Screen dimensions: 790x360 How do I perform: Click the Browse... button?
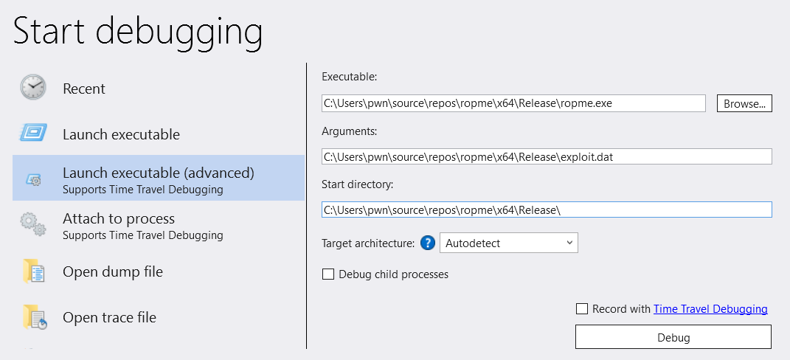tap(744, 104)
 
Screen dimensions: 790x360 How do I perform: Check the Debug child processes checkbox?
tap(328, 274)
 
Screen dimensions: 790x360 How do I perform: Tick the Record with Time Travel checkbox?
tap(582, 308)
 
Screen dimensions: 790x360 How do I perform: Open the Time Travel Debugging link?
tap(710, 309)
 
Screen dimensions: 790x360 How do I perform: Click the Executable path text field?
tap(513, 103)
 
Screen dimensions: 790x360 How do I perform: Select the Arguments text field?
tap(547, 156)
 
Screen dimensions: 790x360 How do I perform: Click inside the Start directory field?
tap(547, 210)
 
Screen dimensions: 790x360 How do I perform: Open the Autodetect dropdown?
tap(509, 243)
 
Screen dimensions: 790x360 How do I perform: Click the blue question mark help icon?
tap(427, 243)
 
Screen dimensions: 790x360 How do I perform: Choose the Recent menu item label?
tap(84, 89)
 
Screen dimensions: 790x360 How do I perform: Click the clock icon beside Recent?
tap(32, 87)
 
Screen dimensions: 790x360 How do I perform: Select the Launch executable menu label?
tap(122, 134)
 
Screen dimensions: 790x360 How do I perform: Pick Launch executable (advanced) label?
tap(159, 173)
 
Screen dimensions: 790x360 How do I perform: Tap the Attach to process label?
tap(119, 219)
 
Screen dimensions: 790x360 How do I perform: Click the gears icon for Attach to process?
tap(33, 224)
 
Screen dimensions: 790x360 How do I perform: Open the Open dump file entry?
tap(113, 271)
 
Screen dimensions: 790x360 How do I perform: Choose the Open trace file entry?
tap(110, 318)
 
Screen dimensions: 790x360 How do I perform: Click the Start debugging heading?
tap(137, 31)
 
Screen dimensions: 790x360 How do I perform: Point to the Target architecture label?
tap(368, 243)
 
